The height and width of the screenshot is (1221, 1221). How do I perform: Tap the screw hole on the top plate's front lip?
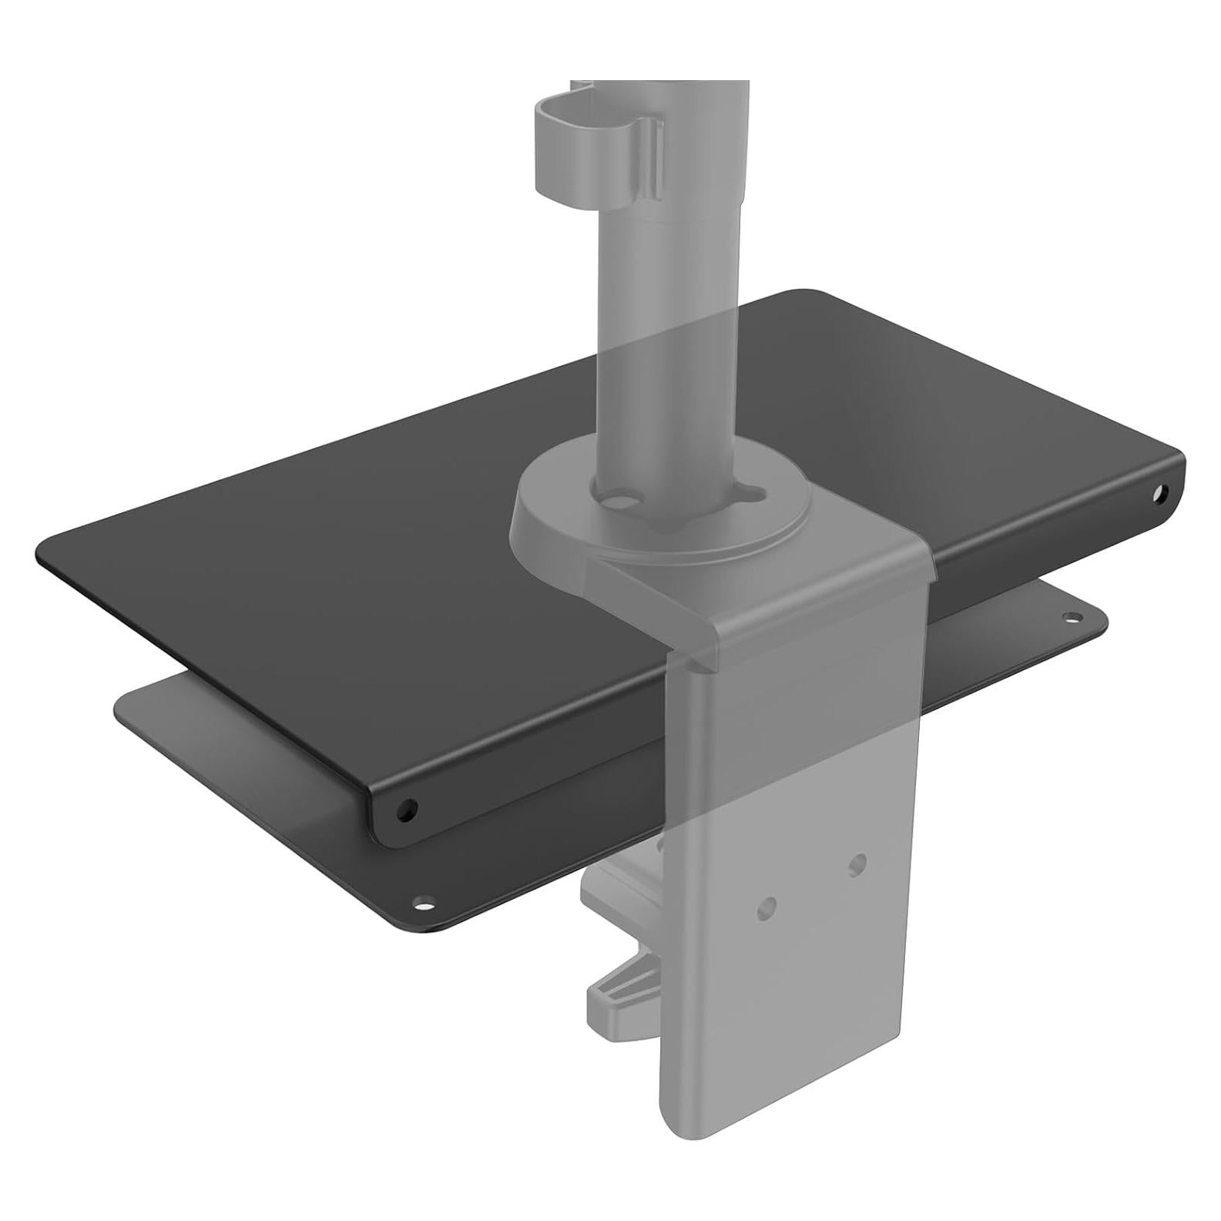click(406, 810)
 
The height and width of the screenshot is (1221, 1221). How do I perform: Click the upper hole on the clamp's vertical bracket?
click(857, 863)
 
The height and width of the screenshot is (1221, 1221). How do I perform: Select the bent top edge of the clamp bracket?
click(809, 609)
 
